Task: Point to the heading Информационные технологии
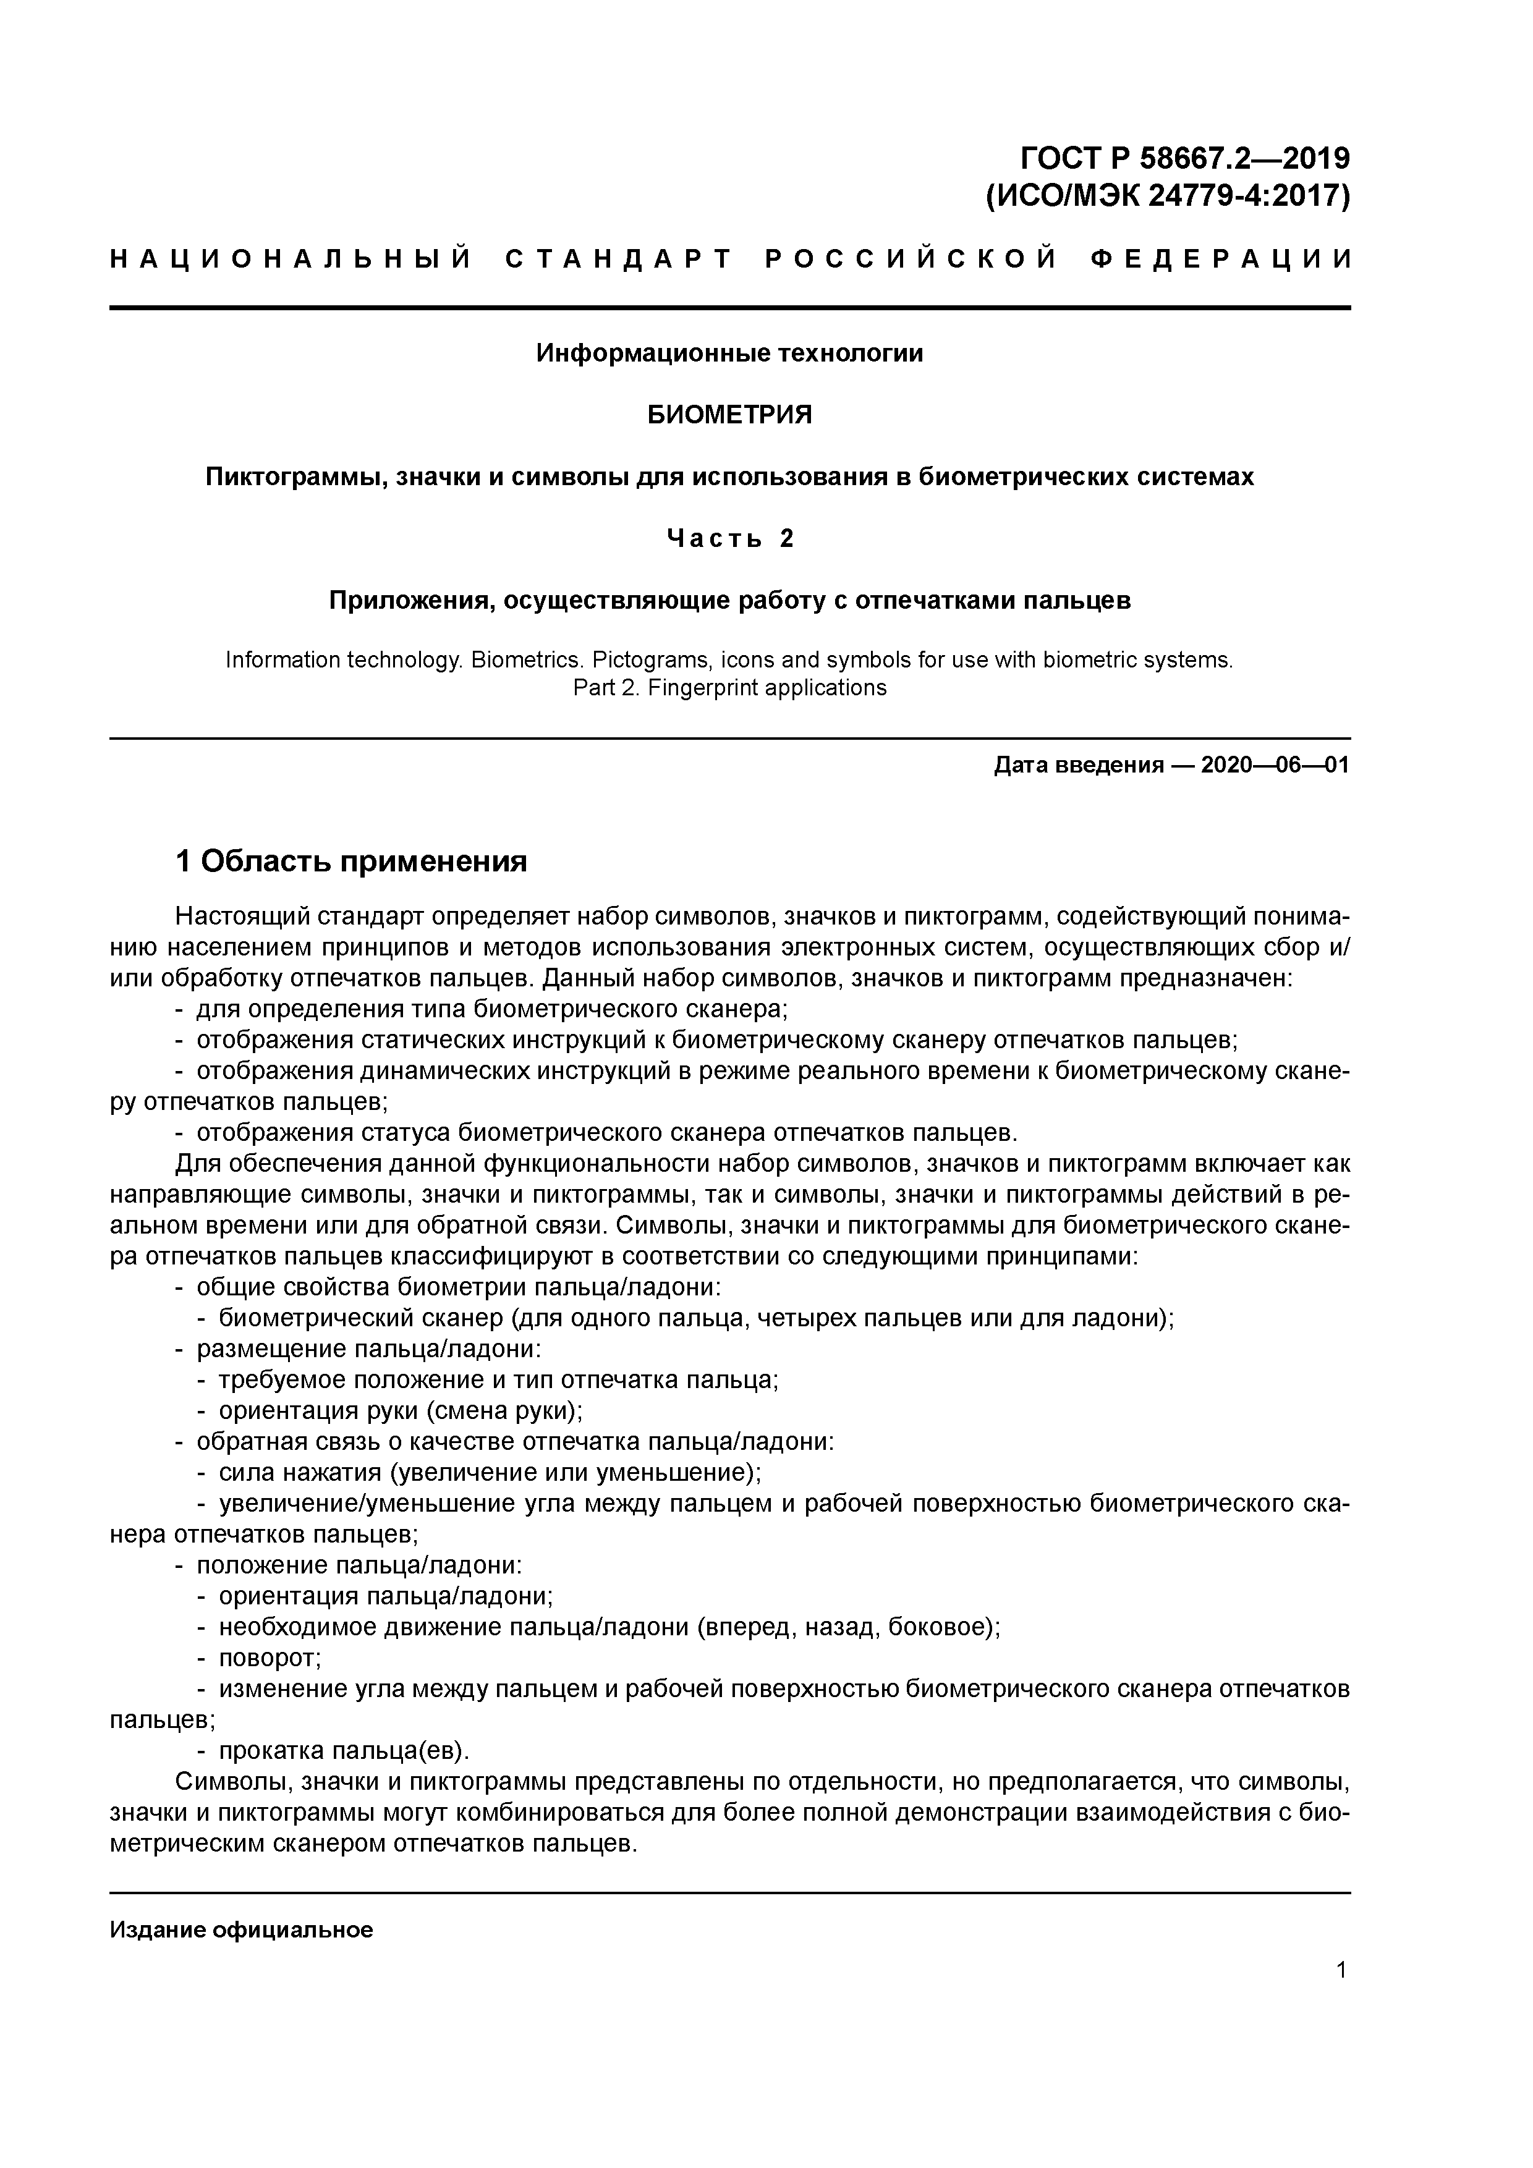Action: (729, 353)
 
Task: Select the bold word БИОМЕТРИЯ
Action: (729, 415)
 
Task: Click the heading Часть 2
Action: (729, 538)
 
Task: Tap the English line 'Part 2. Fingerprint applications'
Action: (729, 687)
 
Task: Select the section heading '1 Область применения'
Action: (351, 861)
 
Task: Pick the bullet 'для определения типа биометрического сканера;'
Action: (491, 1009)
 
